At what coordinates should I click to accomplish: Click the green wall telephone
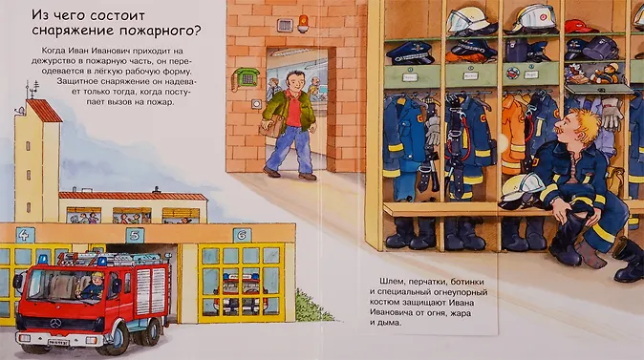pyautogui.click(x=246, y=78)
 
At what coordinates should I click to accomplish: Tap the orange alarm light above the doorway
pyautogui.click(x=303, y=24)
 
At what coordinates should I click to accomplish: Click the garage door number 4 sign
pyautogui.click(x=25, y=235)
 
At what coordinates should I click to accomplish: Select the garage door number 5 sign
pyautogui.click(x=135, y=236)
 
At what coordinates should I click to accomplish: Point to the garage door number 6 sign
pyautogui.click(x=242, y=235)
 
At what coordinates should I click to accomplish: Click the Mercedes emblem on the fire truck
pyautogui.click(x=55, y=324)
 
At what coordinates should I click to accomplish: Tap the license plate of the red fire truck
pyautogui.click(x=58, y=343)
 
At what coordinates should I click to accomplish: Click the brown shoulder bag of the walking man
pyautogui.click(x=271, y=125)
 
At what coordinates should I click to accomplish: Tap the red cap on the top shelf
pyautogui.click(x=579, y=27)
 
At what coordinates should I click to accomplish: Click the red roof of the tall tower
pyautogui.click(x=44, y=111)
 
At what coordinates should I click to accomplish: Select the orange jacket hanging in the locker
pyautogui.click(x=513, y=135)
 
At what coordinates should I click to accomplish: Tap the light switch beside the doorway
pyautogui.click(x=257, y=104)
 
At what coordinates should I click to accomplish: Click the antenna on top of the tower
pyautogui.click(x=32, y=90)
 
